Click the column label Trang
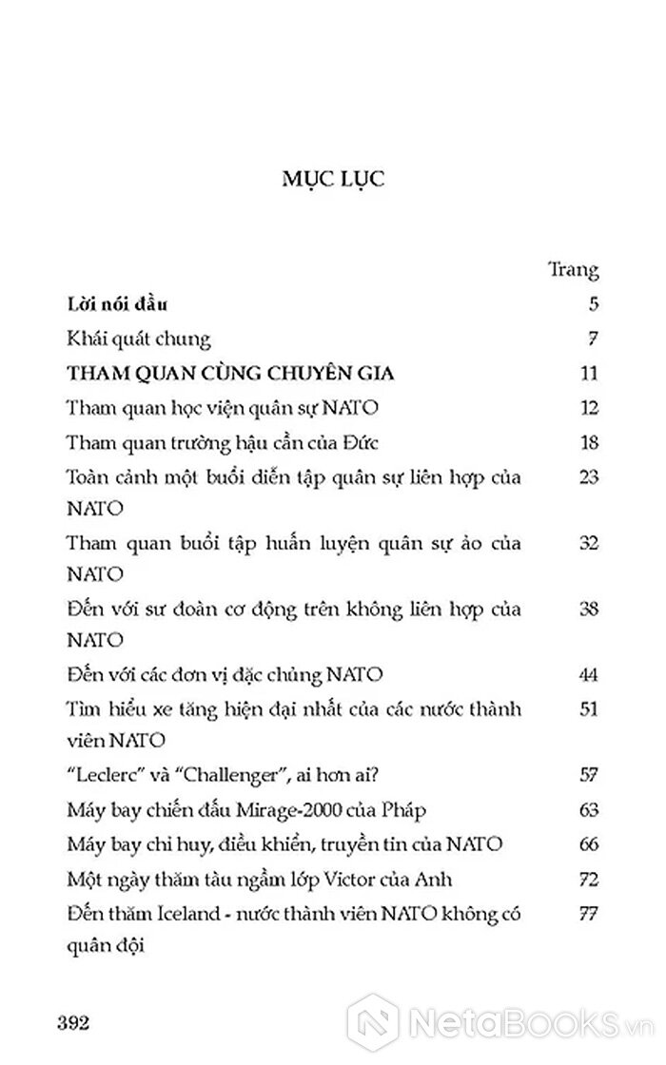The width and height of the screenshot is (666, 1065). pyautogui.click(x=574, y=270)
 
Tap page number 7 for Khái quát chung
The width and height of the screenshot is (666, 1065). pyautogui.click(x=591, y=339)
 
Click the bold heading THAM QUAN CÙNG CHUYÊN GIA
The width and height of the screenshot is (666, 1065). pyautogui.click(x=231, y=373)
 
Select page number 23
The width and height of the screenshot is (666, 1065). pyautogui.click(x=587, y=475)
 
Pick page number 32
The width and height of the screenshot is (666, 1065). pyautogui.click(x=587, y=542)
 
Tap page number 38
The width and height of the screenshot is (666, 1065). pyautogui.click(x=587, y=609)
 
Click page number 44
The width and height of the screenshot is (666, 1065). pyautogui.click(x=587, y=675)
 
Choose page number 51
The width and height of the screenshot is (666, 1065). pyautogui.click(x=587, y=709)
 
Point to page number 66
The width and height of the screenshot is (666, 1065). pyautogui.click(x=587, y=843)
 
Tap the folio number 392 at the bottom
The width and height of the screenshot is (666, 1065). pyautogui.click(x=73, y=1023)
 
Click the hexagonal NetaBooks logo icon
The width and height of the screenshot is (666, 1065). pyautogui.click(x=374, y=1025)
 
